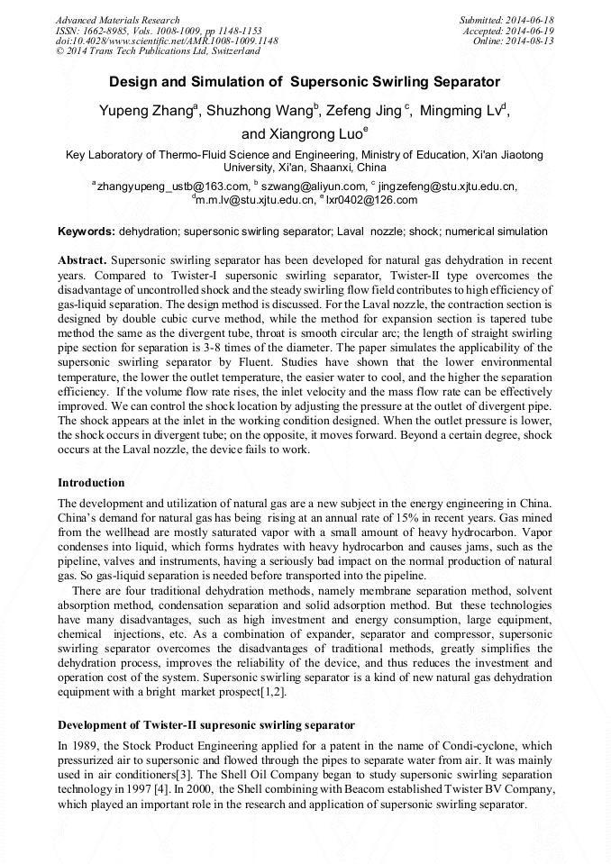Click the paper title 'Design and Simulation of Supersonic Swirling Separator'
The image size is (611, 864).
[305, 82]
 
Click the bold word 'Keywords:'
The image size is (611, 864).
[87, 232]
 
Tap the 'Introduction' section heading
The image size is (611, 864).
[91, 483]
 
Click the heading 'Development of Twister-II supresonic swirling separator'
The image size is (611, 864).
[205, 725]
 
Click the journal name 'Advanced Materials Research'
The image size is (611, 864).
[117, 20]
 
